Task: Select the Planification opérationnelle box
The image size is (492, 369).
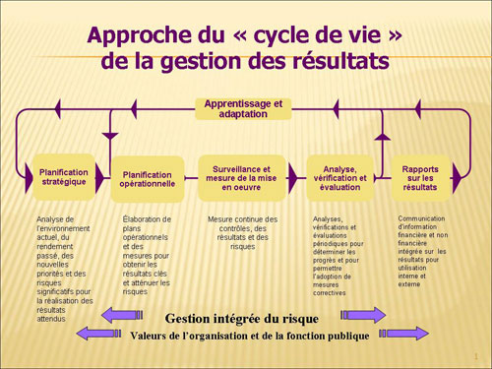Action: click(147, 177)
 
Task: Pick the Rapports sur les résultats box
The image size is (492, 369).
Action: click(420, 177)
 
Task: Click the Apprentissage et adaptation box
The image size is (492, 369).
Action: click(243, 107)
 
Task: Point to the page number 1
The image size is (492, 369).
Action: click(477, 355)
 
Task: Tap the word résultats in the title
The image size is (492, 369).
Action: click(332, 61)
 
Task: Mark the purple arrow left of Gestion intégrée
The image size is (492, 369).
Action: click(128, 316)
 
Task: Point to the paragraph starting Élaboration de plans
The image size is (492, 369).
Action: click(148, 254)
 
